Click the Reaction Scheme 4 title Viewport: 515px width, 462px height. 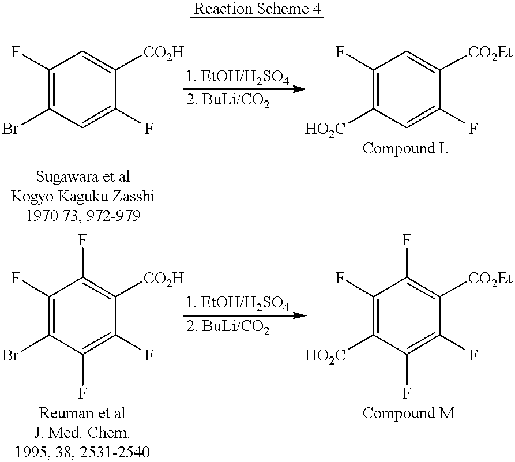[x=257, y=9]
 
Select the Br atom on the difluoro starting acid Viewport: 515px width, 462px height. [x=10, y=129]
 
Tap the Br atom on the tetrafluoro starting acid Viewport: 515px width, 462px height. [x=10, y=355]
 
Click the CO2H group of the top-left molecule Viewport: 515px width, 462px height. [x=164, y=52]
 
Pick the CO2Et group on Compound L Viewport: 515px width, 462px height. [x=490, y=52]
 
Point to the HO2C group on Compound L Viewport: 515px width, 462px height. [x=325, y=129]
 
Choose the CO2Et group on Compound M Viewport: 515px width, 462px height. [x=490, y=279]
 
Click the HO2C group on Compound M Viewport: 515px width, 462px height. [x=325, y=356]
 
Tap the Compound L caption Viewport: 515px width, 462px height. [x=405, y=149]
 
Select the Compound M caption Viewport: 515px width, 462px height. [x=408, y=413]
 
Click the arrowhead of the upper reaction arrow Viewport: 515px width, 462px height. [x=299, y=89]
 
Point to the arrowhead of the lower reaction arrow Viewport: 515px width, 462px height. [x=299, y=315]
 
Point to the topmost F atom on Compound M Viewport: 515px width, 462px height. [x=407, y=240]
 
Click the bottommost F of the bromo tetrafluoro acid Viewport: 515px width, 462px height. [x=82, y=393]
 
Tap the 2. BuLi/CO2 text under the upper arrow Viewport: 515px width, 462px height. [x=228, y=100]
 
